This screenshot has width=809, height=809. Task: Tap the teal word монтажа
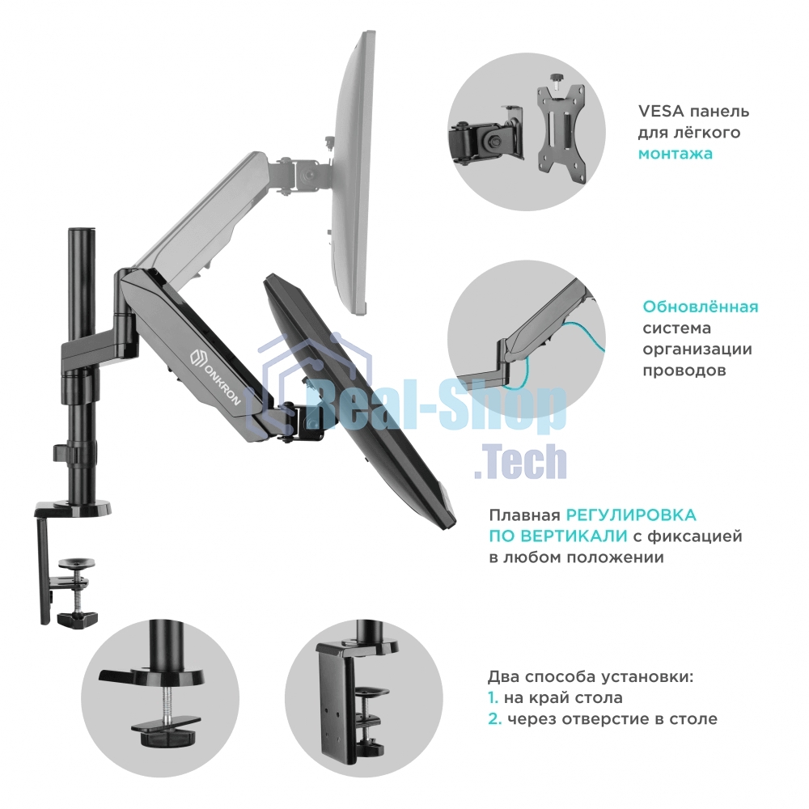coord(676,154)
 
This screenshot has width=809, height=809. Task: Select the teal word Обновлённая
coord(700,307)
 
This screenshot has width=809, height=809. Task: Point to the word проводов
coord(684,371)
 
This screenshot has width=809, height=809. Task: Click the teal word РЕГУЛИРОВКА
coord(631,515)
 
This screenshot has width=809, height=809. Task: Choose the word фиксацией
coord(694,536)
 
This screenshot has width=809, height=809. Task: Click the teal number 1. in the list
coord(493,697)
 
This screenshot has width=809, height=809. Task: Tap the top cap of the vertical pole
coord(82,229)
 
